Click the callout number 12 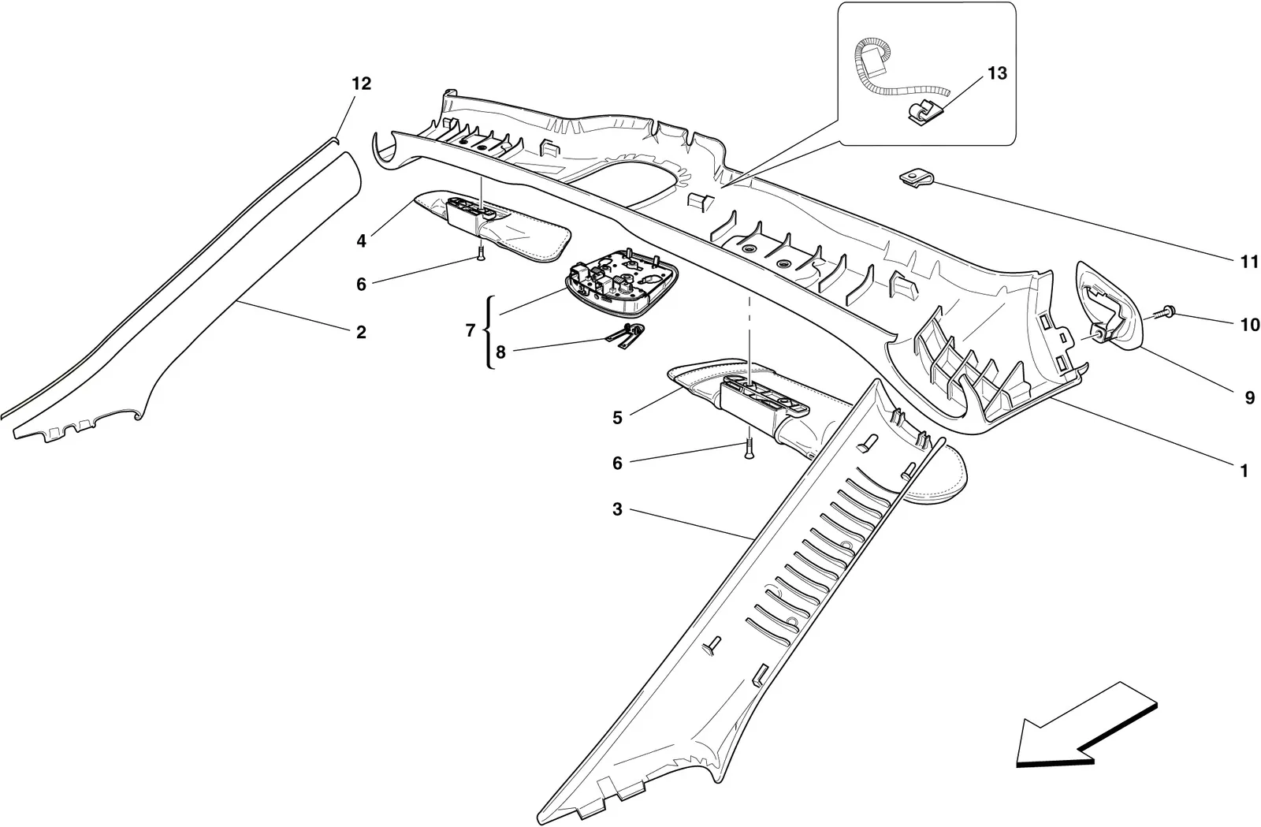pyautogui.click(x=362, y=84)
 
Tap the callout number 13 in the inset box pyautogui.click(x=997, y=74)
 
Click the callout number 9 pyautogui.click(x=1250, y=398)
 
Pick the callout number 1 pyautogui.click(x=1244, y=471)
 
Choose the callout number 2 pyautogui.click(x=361, y=332)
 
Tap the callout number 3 pyautogui.click(x=617, y=510)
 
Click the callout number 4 pyautogui.click(x=361, y=241)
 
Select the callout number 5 pyautogui.click(x=617, y=418)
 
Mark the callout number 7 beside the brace pyautogui.click(x=471, y=331)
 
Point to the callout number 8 pyautogui.click(x=500, y=352)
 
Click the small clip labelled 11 pyautogui.click(x=915, y=180)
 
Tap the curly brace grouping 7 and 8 pyautogui.click(x=488, y=332)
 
